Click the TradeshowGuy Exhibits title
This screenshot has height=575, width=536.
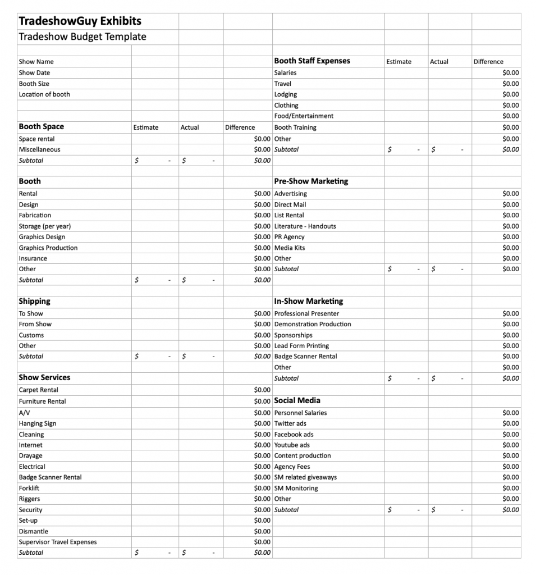point(80,21)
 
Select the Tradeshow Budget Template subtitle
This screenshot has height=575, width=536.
point(82,37)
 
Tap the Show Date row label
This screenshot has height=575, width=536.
point(34,72)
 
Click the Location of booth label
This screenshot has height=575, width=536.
point(44,94)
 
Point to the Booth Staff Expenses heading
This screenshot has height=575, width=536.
point(311,61)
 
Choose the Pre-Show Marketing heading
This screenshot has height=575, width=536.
point(310,181)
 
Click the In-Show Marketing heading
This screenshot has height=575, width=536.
point(308,302)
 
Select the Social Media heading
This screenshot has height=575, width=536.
point(297,400)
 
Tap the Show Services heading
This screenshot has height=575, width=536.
point(44,377)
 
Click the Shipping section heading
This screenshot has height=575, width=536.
point(34,302)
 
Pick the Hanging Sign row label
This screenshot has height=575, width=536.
point(37,423)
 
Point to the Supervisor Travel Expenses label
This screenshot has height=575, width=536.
point(57,542)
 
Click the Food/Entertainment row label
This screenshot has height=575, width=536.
point(304,116)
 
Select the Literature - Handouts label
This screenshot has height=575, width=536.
point(305,226)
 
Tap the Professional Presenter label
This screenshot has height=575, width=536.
point(306,313)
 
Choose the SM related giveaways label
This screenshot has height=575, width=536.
point(305,477)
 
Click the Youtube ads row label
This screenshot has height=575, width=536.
point(292,445)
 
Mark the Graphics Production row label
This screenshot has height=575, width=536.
point(48,248)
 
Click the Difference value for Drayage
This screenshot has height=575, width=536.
point(262,455)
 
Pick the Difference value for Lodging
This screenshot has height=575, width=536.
point(510,94)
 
